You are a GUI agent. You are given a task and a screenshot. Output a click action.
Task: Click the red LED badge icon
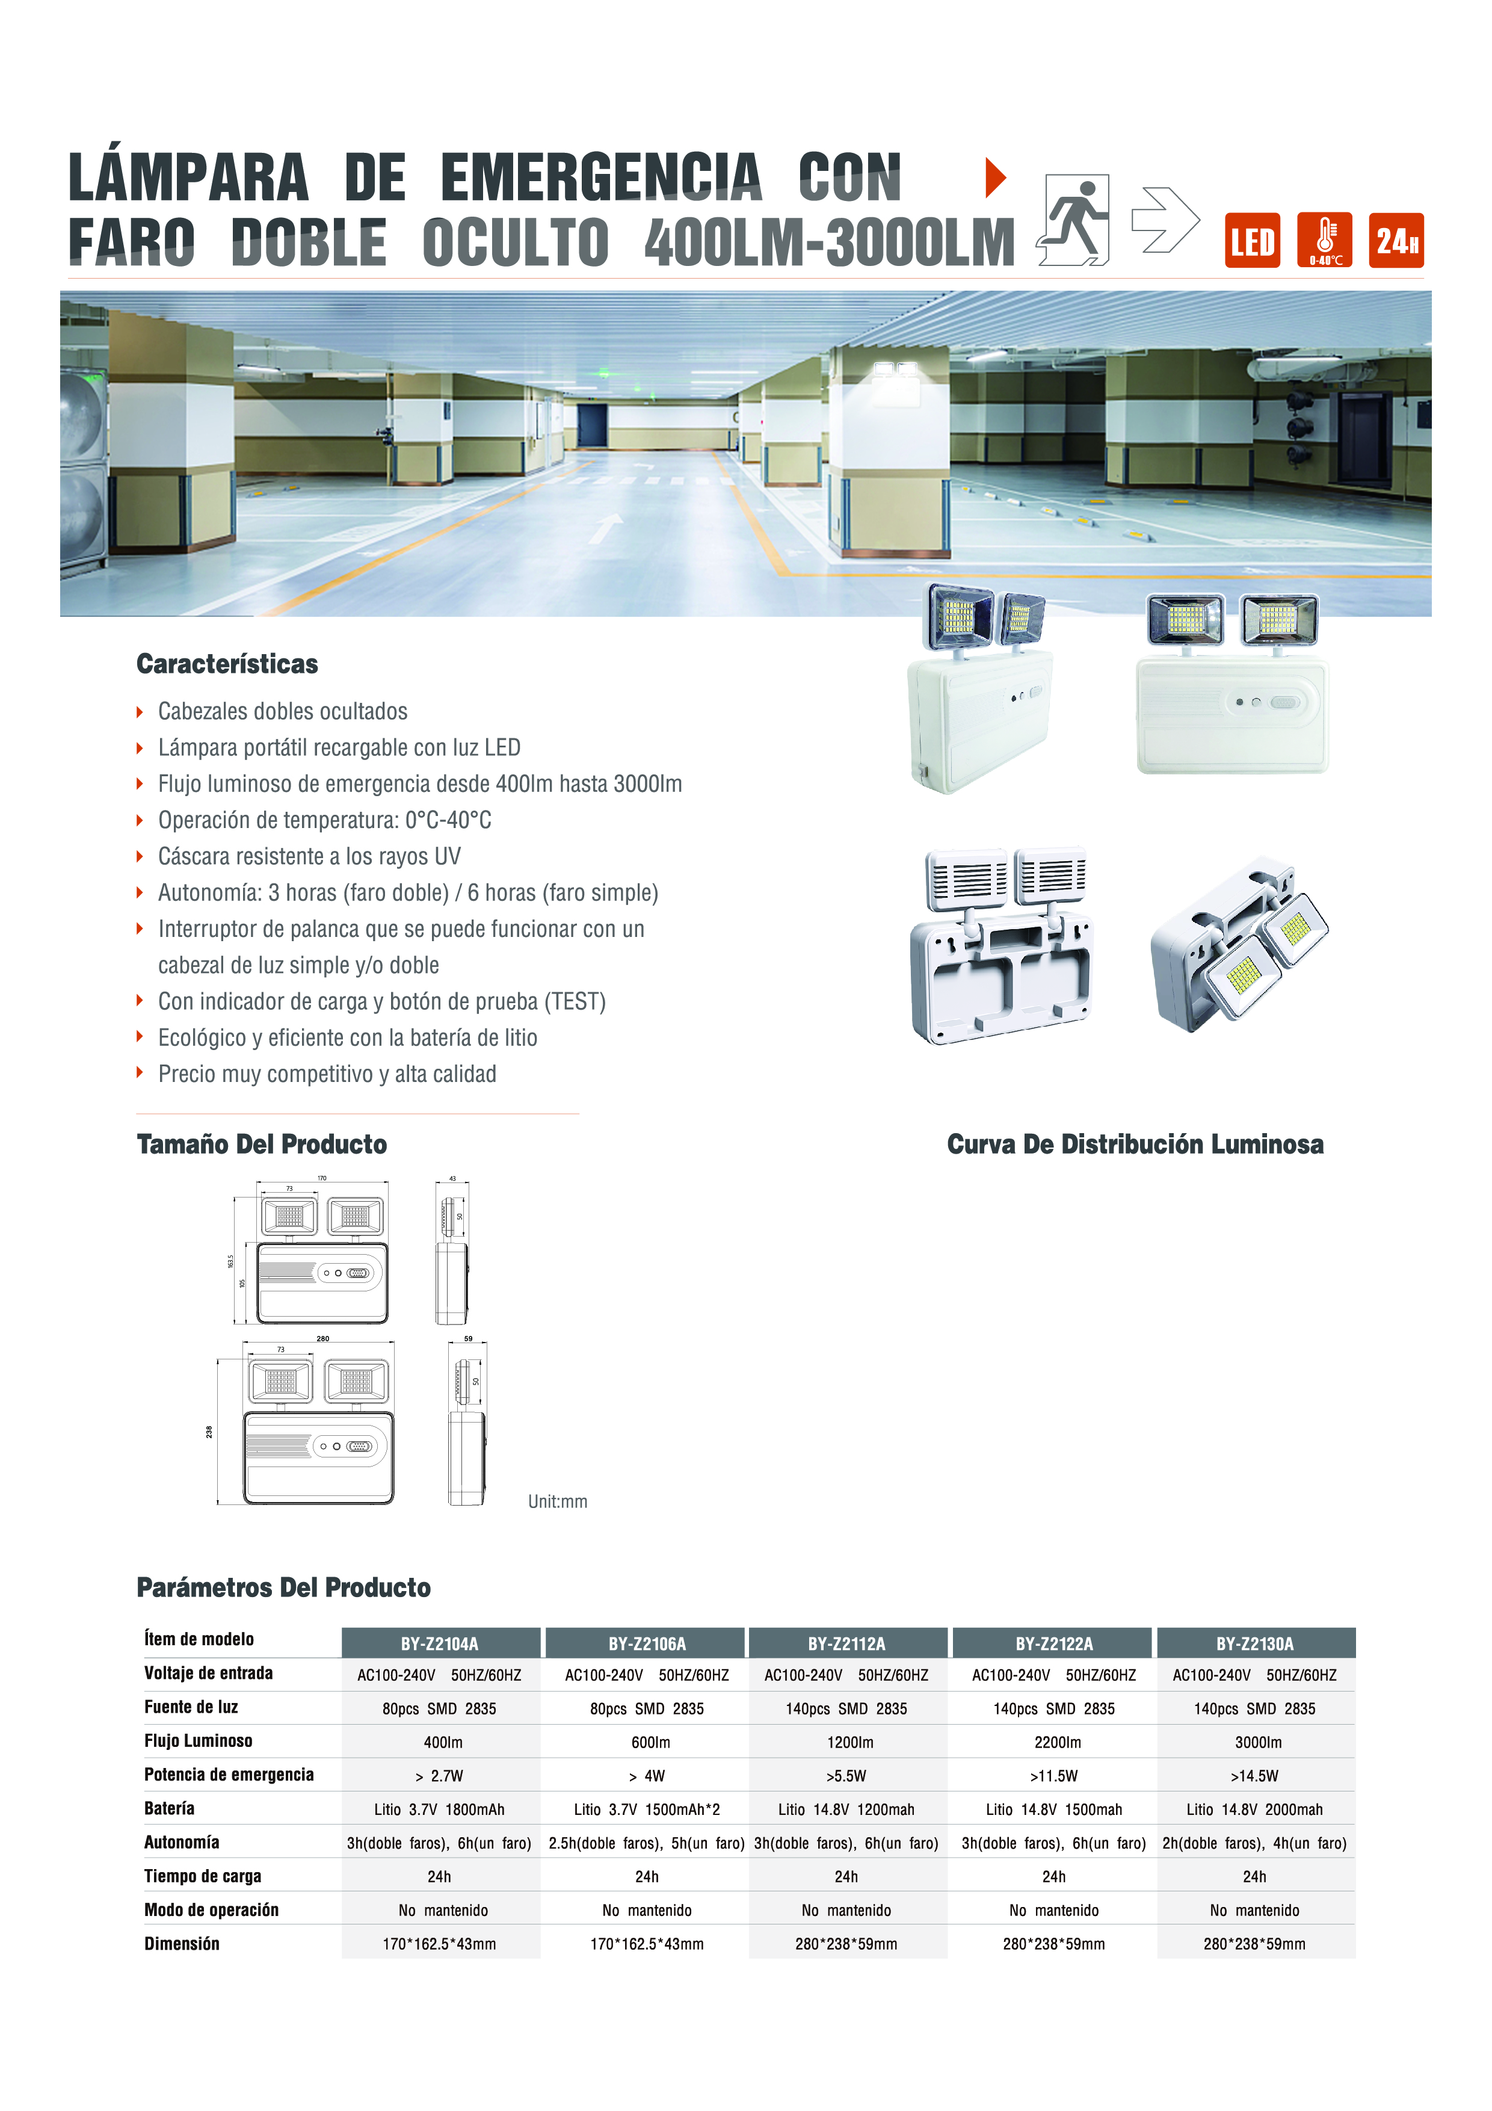tap(1252, 241)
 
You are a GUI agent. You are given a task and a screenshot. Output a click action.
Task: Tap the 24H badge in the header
tap(1396, 241)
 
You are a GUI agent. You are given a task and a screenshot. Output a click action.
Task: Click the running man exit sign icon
tap(1074, 221)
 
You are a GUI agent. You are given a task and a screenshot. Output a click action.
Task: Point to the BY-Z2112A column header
tap(846, 1643)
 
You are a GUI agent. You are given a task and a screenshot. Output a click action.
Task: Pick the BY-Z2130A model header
tap(1255, 1643)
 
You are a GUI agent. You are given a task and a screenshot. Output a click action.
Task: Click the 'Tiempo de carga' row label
tap(202, 1876)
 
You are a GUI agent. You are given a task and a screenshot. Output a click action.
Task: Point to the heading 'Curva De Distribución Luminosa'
tap(1135, 1144)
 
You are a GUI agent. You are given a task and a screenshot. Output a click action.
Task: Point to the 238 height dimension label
tap(209, 1432)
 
